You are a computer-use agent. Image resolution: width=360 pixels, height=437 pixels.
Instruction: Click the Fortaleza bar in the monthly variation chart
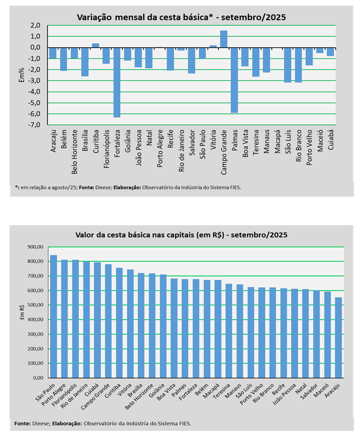(117, 82)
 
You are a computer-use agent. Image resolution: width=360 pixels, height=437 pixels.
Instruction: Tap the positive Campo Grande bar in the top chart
(224, 39)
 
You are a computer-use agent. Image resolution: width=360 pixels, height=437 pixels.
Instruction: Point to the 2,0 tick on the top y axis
(35, 25)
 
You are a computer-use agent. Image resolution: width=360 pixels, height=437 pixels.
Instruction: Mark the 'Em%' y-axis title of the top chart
(21, 75)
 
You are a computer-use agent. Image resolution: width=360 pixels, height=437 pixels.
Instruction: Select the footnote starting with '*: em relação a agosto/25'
(127, 186)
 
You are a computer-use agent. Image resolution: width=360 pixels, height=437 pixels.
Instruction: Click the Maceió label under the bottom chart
(323, 389)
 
